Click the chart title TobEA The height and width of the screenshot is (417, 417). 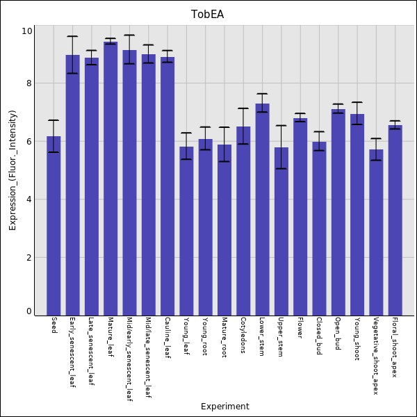point(208,15)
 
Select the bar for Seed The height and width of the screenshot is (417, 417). point(54,226)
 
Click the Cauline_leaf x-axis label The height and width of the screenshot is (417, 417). point(167,337)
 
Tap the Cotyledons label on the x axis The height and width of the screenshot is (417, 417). point(243,336)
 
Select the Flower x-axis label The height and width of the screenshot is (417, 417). point(300,327)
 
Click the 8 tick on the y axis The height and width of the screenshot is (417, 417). point(28,83)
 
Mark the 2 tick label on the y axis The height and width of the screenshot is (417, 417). point(28,258)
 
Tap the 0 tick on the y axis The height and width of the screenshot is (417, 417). point(28,311)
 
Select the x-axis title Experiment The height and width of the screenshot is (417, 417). point(224,407)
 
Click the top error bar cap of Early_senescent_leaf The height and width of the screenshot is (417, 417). point(72,36)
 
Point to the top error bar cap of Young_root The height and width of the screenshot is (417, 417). point(205,127)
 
